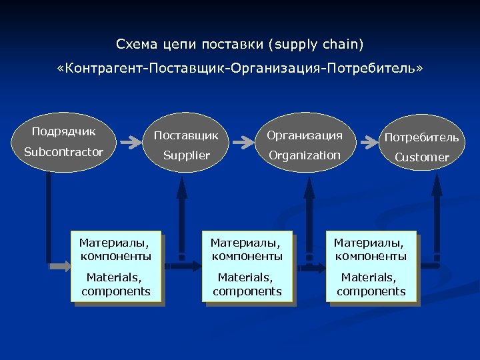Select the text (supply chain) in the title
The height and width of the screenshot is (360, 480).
pos(316,45)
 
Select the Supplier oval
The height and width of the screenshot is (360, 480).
pos(186,145)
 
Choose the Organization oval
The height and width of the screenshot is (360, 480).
pos(304,145)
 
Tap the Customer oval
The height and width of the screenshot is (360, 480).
pos(421,147)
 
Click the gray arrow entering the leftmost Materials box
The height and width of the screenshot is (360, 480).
pos(60,266)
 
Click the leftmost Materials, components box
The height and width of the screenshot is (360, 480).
pos(116,265)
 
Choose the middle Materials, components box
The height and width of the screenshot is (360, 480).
pos(247,265)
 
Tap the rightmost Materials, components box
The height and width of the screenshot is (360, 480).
pos(371,265)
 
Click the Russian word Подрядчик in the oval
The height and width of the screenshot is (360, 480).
pos(64,131)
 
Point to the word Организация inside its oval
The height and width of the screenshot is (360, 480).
pos(304,135)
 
